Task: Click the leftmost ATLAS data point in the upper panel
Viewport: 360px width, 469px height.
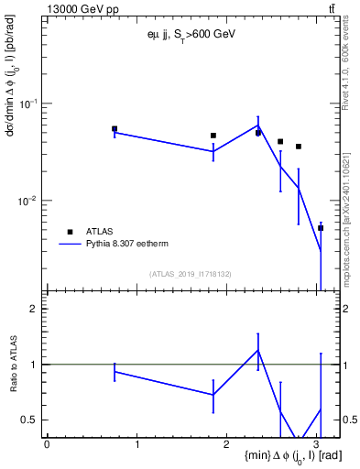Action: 115,129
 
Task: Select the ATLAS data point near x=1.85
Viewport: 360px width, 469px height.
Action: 213,136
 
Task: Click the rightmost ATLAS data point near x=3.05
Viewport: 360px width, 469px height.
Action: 321,228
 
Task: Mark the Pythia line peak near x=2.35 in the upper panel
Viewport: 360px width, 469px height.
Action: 258,125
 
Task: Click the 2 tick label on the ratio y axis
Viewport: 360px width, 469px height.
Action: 34,309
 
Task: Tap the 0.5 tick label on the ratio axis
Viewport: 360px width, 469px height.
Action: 30,420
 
